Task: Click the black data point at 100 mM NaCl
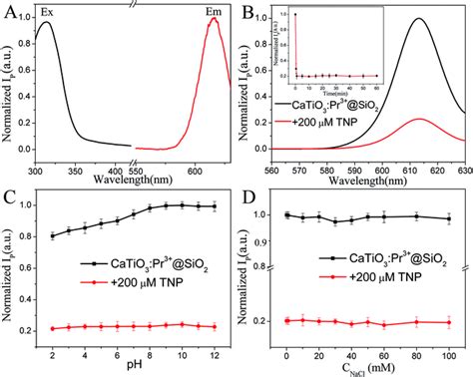pos(448,218)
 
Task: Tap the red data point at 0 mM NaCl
pos(287,320)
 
